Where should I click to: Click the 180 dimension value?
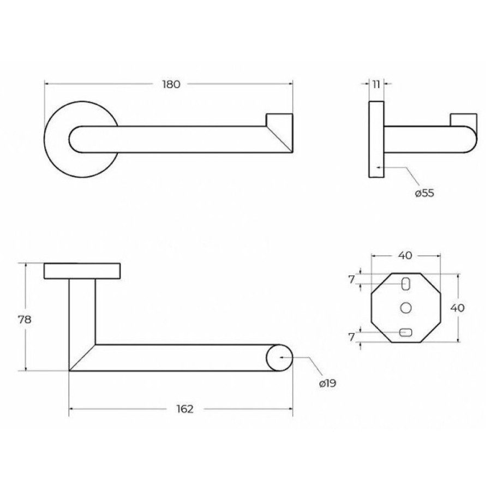[171, 84]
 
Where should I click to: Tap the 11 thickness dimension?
[376, 84]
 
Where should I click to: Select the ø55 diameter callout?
[424, 193]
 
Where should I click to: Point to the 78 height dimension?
[25, 320]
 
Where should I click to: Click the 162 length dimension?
[185, 409]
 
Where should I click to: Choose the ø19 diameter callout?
[327, 383]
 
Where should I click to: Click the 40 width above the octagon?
[405, 255]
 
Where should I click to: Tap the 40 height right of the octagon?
[457, 308]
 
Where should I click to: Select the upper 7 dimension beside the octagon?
[352, 279]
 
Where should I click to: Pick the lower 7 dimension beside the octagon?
[352, 337]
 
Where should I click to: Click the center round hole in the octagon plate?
[406, 308]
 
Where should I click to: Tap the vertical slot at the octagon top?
[405, 284]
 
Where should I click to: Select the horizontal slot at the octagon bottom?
[405, 332]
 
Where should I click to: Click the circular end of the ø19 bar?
[279, 357]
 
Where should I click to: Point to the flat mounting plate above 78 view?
[82, 271]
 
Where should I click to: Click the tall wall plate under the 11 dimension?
[376, 139]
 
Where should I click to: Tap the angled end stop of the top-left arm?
[280, 133]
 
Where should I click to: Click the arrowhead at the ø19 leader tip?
[282, 357]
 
